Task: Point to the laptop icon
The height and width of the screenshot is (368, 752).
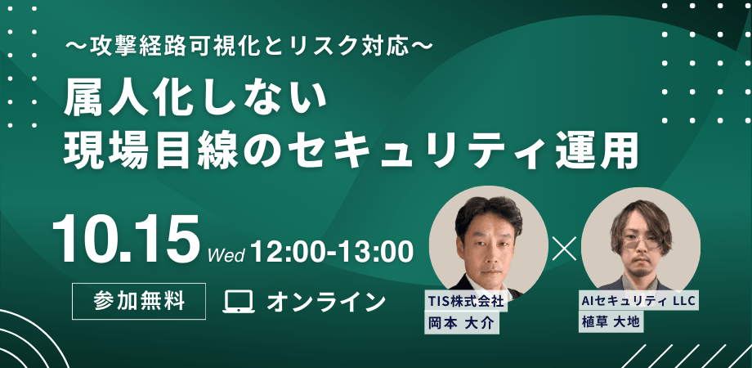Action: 239,301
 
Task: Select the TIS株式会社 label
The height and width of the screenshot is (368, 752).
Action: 464,301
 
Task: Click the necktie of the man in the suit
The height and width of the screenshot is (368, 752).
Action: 489,277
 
